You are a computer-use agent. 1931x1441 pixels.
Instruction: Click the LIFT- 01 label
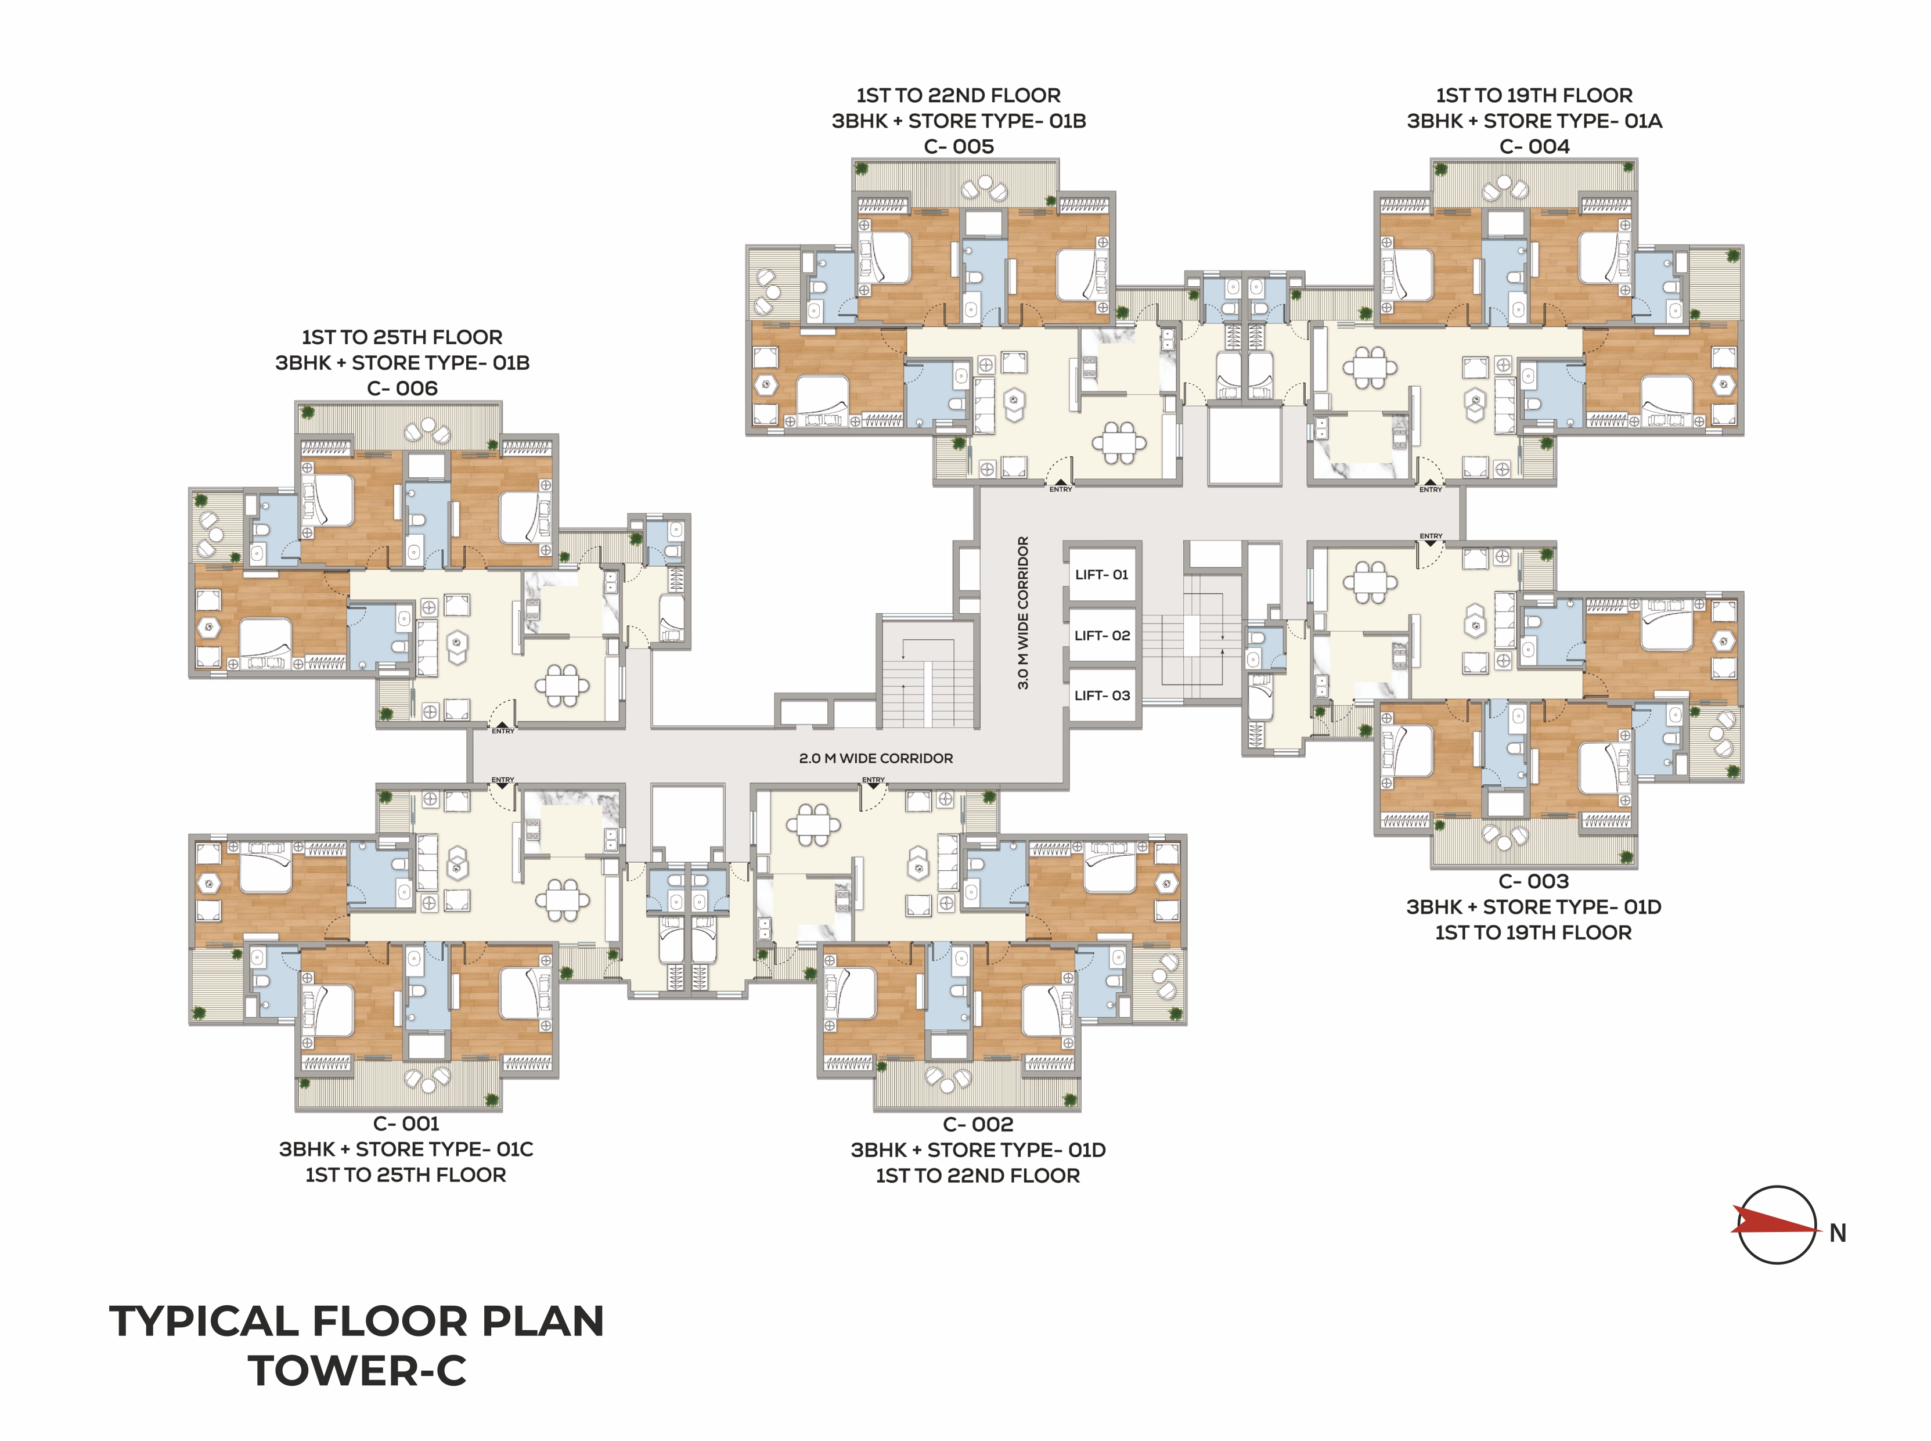coord(1101,575)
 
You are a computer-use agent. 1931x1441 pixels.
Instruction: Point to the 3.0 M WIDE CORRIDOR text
coord(1023,613)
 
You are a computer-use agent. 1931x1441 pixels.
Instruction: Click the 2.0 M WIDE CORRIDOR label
coord(876,758)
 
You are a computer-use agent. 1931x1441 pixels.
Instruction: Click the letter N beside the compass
coord(1838,1233)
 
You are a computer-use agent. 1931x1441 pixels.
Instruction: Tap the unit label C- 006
coord(402,388)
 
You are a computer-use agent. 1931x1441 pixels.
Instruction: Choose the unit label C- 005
coord(959,146)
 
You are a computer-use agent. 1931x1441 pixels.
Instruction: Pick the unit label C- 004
coord(1534,146)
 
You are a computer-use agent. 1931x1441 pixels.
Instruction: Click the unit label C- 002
coord(978,1125)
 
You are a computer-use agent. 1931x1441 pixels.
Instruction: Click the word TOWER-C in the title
coord(358,1370)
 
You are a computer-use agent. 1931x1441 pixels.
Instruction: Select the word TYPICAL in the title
coord(204,1321)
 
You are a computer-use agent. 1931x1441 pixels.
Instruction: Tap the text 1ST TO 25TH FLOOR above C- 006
coord(402,337)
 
